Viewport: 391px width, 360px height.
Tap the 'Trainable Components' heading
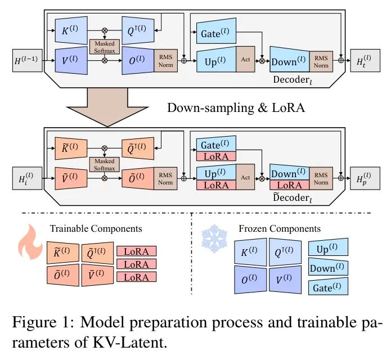pyautogui.click(x=96, y=229)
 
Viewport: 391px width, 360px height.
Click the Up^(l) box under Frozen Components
pyautogui.click(x=329, y=248)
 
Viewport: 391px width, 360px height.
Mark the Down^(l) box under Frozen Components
pyautogui.click(x=329, y=268)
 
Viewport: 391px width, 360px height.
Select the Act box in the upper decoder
pyautogui.click(x=245, y=58)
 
